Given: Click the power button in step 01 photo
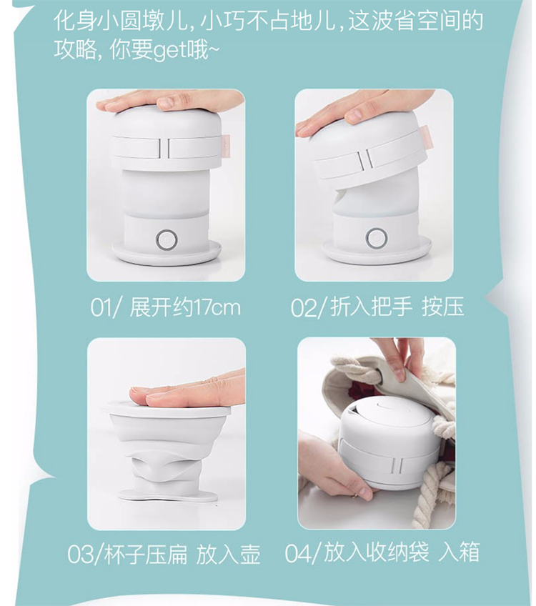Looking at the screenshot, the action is click(167, 240).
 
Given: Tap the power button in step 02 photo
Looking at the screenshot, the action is click(374, 238).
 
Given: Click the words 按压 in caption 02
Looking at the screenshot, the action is click(442, 307).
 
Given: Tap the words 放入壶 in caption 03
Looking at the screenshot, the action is click(229, 555).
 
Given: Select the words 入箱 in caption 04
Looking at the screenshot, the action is click(460, 552).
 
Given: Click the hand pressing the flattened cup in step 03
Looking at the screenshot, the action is click(187, 389).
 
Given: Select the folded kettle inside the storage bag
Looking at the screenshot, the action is click(390, 442).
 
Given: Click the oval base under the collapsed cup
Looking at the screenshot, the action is click(167, 495).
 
